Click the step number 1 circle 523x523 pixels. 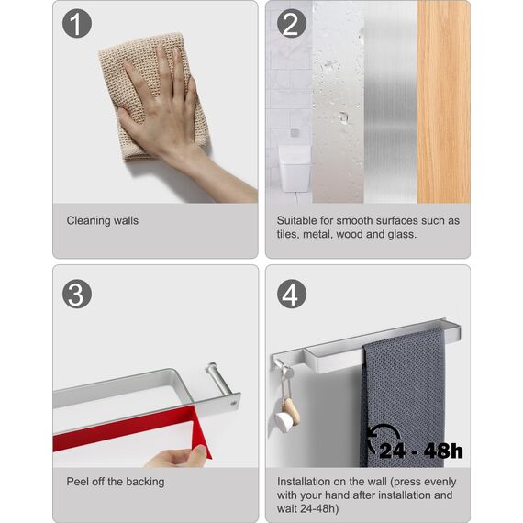[77, 23]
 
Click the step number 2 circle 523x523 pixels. [292, 23]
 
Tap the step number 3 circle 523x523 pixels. [77, 294]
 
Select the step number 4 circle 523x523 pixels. [292, 294]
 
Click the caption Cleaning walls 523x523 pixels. [103, 220]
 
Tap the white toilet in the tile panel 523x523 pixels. [295, 169]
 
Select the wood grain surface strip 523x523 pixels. [443, 102]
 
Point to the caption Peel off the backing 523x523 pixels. [116, 482]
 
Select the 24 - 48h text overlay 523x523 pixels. [421, 451]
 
